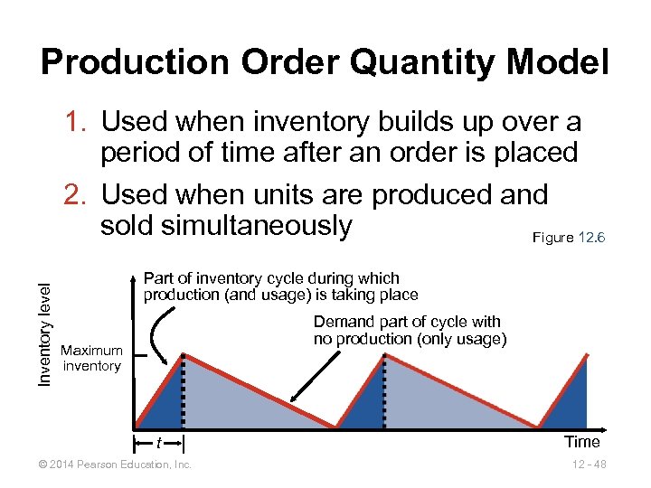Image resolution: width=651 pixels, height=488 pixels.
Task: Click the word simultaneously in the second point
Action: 226,226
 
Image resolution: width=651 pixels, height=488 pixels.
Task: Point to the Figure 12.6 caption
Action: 569,237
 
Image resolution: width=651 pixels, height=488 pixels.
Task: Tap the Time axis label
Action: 581,442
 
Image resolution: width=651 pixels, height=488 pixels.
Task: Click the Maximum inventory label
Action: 91,358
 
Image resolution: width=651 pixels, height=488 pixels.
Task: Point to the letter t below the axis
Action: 158,444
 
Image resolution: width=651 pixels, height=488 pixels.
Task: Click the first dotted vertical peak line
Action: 184,389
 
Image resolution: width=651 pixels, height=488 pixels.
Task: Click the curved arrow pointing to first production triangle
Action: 159,334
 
